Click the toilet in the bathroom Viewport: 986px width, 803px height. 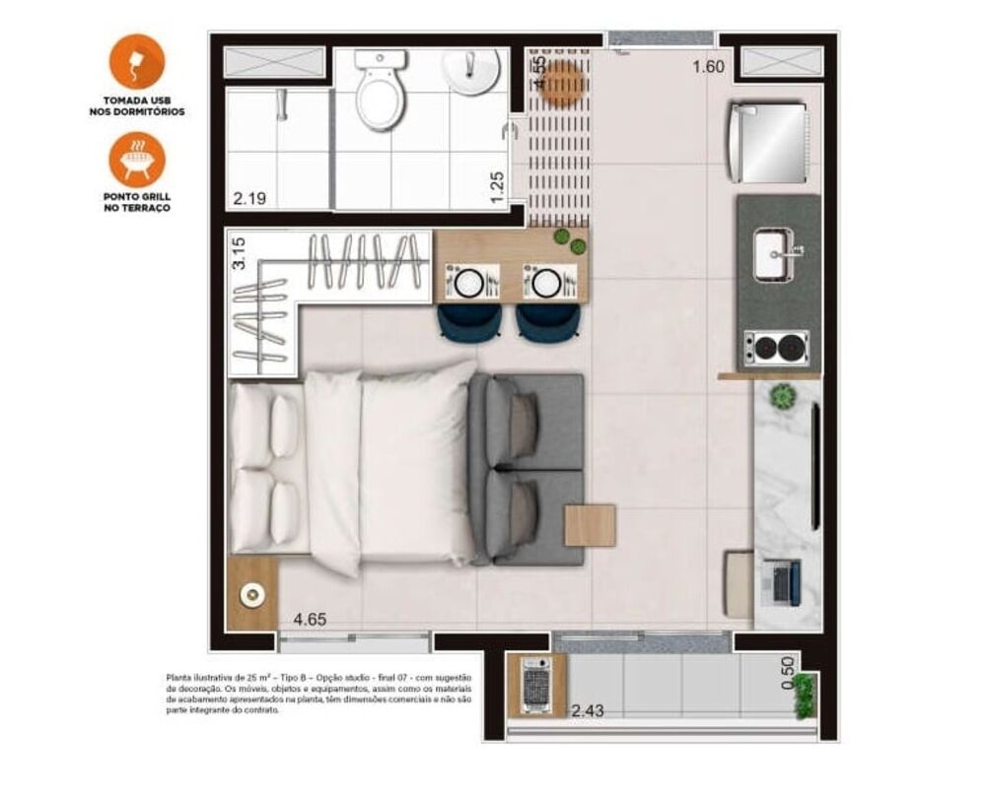point(380,94)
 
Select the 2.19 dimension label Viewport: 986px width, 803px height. point(248,198)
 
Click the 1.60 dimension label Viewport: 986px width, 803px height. point(708,67)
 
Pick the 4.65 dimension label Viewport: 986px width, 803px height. point(310,621)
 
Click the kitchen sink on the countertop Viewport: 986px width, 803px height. point(774,253)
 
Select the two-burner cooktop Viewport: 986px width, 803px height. point(776,347)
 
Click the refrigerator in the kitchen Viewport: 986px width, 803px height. point(768,142)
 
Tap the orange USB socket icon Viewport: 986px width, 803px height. point(137,61)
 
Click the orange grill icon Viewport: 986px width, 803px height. point(137,160)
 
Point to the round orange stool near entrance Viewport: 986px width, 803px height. point(563,84)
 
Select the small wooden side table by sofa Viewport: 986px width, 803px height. point(590,525)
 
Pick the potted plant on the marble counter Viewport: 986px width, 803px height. point(783,396)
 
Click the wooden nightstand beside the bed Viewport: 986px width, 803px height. point(252,593)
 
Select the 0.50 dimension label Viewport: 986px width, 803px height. point(787,672)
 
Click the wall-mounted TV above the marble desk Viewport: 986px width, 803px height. point(814,465)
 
